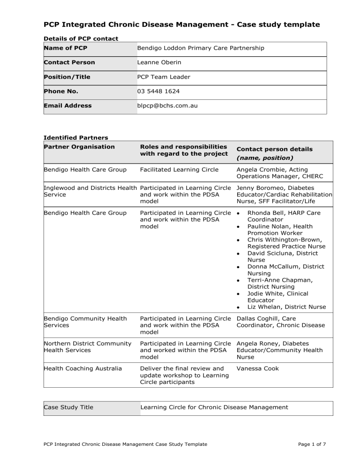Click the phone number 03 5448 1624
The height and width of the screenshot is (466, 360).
coord(159,91)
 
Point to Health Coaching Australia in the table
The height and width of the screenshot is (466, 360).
coord(82,368)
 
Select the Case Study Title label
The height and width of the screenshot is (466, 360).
coord(68,407)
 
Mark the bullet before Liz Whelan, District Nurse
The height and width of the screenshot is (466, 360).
coord(239,307)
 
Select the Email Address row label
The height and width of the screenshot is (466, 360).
coord(67,106)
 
